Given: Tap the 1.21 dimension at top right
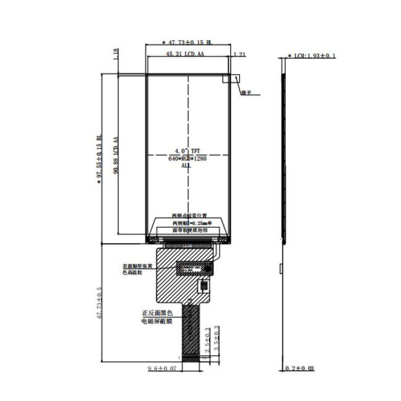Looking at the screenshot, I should point(241,55).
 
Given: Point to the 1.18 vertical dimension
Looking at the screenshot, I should point(115,56).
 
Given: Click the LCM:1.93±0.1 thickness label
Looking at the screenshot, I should point(312,56).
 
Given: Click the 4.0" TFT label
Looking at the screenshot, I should point(186,151).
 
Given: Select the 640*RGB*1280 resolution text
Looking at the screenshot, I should point(186,158).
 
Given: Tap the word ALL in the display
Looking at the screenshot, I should point(186,165).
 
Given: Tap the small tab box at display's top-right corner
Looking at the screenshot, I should point(234,78).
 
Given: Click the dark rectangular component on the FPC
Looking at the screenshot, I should point(193,268).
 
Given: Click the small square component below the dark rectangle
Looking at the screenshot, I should point(203,287).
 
